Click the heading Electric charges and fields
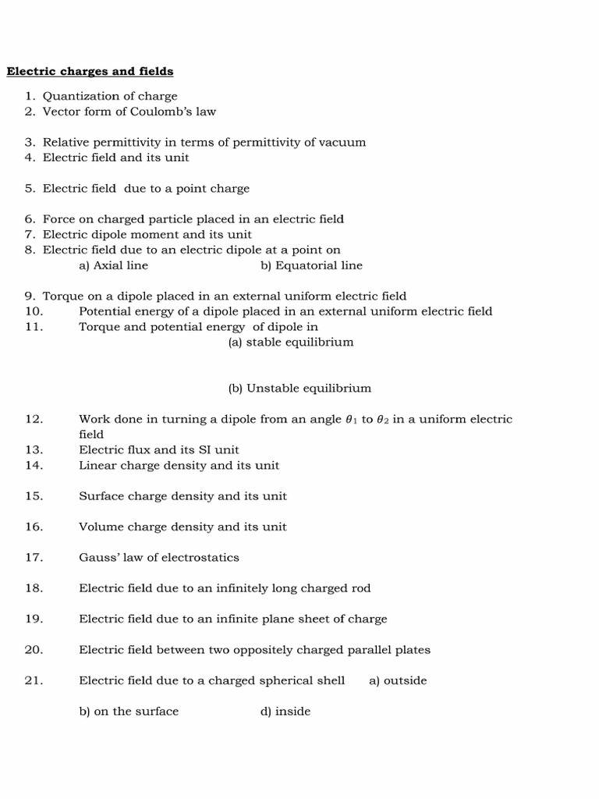90,72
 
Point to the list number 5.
30,189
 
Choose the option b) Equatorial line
311,265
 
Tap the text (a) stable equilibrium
291,343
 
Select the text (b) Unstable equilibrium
299,389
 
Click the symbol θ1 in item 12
350,420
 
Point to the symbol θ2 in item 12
383,420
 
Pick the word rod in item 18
361,588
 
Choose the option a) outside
398,681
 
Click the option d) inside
285,712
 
